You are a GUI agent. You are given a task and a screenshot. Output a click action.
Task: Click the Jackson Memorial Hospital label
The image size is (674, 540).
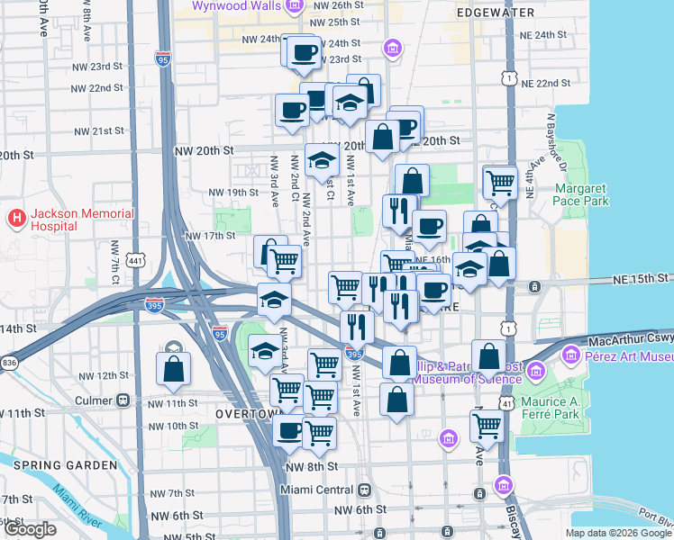click(82, 220)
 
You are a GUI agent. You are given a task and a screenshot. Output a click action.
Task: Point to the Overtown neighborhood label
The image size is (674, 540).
click(250, 412)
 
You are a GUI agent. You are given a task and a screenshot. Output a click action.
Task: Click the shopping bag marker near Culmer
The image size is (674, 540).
click(173, 369)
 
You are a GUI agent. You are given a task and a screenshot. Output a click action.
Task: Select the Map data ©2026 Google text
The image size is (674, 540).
click(619, 533)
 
